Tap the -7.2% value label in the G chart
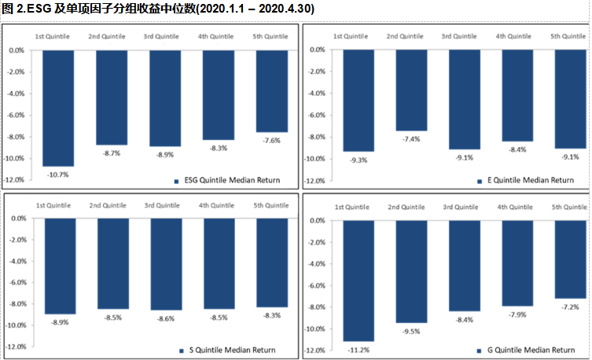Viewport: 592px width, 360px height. (x=570, y=307)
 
